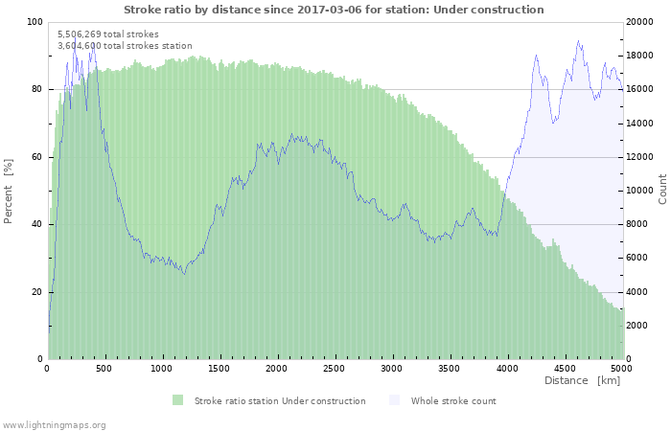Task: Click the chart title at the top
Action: coord(334,10)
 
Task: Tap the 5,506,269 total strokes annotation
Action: coord(108,34)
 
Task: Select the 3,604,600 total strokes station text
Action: coord(125,46)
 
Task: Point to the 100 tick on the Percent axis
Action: coord(35,22)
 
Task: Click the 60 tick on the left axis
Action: coord(37,157)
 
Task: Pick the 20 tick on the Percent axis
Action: coord(37,292)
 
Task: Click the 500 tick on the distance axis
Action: coord(104,368)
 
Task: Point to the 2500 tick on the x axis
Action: coord(334,368)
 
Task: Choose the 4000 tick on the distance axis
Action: coord(506,368)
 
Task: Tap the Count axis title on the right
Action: coord(662,189)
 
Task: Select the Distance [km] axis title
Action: coord(582,381)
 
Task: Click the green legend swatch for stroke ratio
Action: coord(177,400)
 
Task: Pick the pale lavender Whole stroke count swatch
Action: coord(395,400)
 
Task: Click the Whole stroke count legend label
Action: coord(453,401)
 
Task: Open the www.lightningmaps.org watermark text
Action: coord(54,424)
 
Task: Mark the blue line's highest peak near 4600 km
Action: coord(578,41)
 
